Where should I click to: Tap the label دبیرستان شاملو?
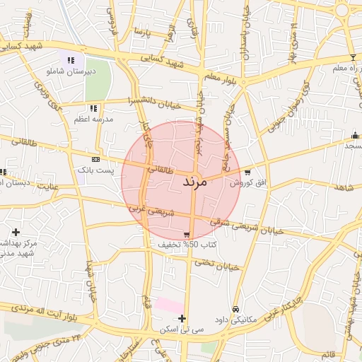point(71,71)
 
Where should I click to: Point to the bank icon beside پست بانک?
point(96,159)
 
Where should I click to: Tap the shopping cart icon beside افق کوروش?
point(247,172)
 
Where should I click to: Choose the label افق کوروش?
point(248,182)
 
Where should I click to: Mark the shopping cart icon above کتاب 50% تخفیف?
point(186,235)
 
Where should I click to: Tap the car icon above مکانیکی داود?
point(235,309)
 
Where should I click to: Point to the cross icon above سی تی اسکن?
point(182,319)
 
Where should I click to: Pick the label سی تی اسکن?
point(182,329)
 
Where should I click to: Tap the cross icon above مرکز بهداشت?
point(16,232)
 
